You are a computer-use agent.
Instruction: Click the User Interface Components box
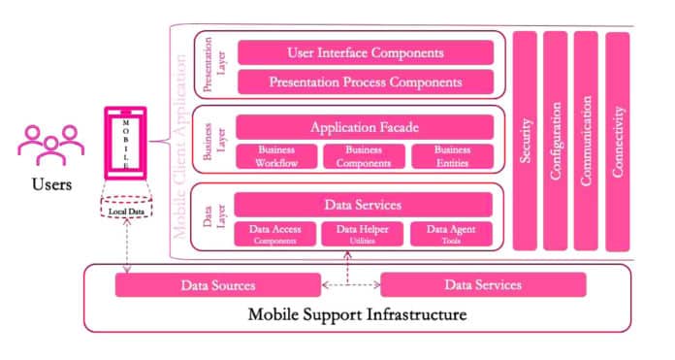[x=366, y=52]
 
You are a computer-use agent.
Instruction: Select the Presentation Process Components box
[x=366, y=82]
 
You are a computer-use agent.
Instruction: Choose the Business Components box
[x=363, y=155]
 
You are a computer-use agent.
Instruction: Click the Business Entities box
[x=452, y=155]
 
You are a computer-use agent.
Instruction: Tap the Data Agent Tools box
[x=450, y=233]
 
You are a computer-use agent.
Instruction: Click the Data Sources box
[x=218, y=284]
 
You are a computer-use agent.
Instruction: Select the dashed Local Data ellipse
[x=126, y=211]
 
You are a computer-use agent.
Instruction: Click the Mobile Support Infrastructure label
[x=357, y=314]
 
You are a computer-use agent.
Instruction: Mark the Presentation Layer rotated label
[x=213, y=66]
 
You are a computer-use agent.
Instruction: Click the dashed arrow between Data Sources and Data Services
[x=350, y=285]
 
